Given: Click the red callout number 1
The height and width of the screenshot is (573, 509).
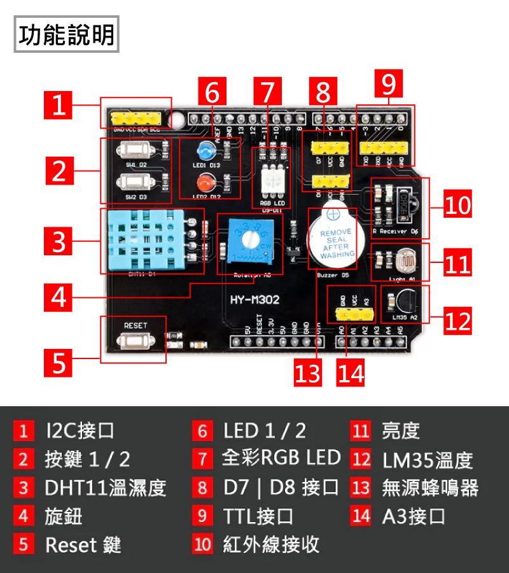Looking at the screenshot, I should [59, 105].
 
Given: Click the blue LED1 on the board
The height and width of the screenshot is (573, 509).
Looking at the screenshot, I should [206, 151].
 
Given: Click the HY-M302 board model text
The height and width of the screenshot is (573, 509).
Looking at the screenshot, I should [254, 299].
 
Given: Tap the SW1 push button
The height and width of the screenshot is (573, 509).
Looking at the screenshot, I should [136, 150].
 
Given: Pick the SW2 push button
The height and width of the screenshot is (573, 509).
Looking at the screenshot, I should [136, 184].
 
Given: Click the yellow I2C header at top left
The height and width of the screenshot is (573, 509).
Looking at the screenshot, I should [136, 118].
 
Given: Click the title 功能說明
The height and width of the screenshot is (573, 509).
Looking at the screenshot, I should [67, 35].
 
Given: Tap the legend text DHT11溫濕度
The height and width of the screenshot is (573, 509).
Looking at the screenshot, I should [106, 488].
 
